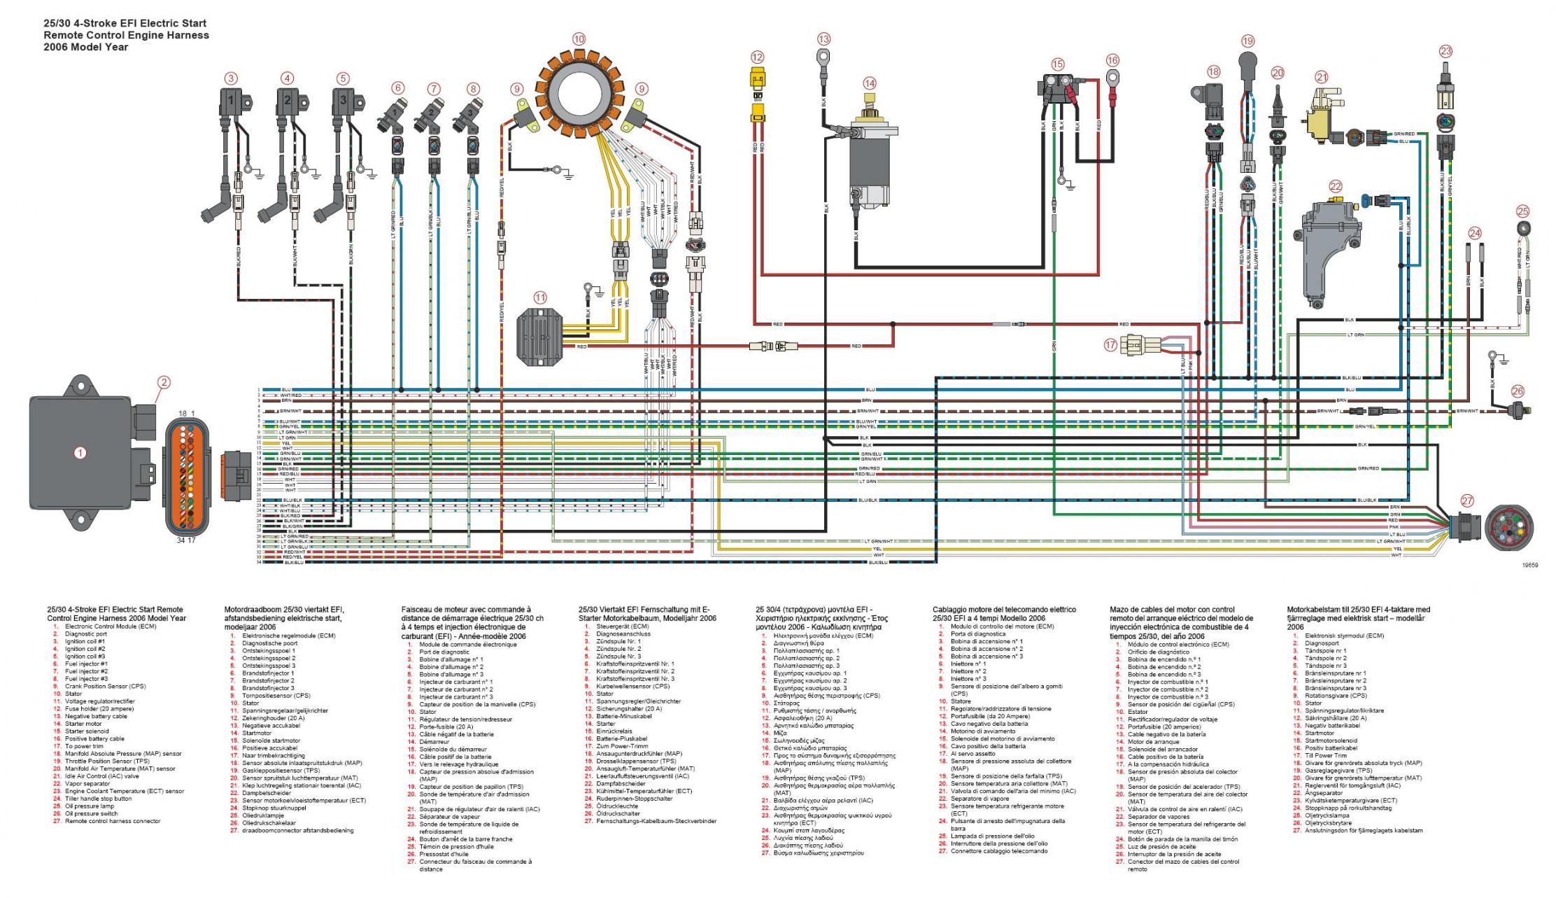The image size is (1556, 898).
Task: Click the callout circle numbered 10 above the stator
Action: click(x=578, y=39)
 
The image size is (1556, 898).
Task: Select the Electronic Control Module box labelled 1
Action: click(x=80, y=453)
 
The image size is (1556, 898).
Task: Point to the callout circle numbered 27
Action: click(x=1466, y=501)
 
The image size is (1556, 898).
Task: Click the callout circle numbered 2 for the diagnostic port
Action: click(x=163, y=382)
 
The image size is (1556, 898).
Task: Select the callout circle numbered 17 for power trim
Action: click(x=1110, y=344)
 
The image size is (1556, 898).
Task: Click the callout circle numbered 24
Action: click(x=1475, y=233)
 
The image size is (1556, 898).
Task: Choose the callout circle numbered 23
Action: click(x=1445, y=51)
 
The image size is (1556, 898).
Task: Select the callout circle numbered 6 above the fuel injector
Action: click(x=397, y=88)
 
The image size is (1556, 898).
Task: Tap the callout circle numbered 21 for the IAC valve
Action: click(x=1321, y=77)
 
